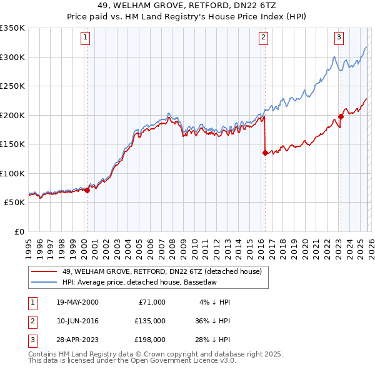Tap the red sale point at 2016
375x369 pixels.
(265, 153)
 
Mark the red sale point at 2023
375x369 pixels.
(341, 116)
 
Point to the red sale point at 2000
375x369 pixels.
(87, 190)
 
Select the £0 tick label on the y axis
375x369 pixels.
(18, 231)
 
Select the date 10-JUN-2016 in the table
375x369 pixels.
(77, 320)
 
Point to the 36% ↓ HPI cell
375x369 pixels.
(211, 320)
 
